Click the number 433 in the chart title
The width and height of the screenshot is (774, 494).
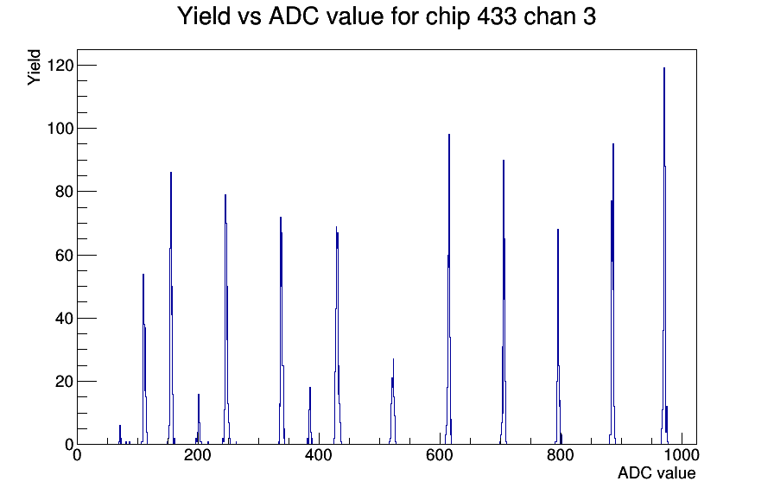point(497,16)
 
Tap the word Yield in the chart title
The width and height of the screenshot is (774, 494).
point(204,16)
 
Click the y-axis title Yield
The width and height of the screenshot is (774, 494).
point(34,67)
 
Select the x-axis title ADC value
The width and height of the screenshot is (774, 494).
point(657,472)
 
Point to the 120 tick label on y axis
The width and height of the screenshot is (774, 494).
point(60,65)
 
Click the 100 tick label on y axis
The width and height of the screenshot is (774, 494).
point(60,129)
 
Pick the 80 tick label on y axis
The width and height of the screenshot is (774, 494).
point(65,192)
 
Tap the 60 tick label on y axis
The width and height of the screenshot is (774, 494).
point(65,255)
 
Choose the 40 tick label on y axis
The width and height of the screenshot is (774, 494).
point(65,319)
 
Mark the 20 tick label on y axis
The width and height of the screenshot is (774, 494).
point(65,382)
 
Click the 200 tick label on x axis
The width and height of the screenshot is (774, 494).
point(198,454)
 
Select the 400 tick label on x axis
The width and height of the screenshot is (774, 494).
point(319,454)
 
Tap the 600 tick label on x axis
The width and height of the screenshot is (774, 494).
point(440,454)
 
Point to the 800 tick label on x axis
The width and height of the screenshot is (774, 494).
point(561,454)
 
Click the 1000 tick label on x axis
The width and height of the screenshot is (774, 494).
point(682,454)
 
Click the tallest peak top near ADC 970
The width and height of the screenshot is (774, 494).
point(664,68)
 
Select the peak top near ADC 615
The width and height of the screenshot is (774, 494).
point(449,135)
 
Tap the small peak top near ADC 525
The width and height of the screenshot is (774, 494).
point(393,359)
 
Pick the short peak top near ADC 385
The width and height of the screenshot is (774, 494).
point(310,388)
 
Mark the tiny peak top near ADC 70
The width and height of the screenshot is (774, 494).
point(120,426)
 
